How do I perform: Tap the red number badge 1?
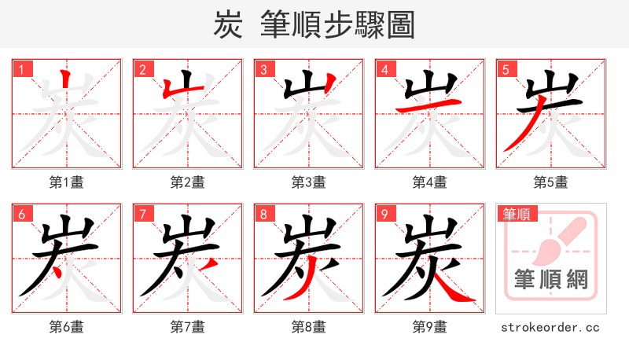pyautogui.click(x=21, y=69)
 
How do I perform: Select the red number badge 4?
pyautogui.click(x=384, y=69)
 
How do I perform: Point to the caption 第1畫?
pyautogui.click(x=66, y=182)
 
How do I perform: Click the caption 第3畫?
pyautogui.click(x=308, y=182)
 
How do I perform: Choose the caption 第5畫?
pyautogui.click(x=550, y=182)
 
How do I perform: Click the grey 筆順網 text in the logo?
pyautogui.click(x=550, y=280)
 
